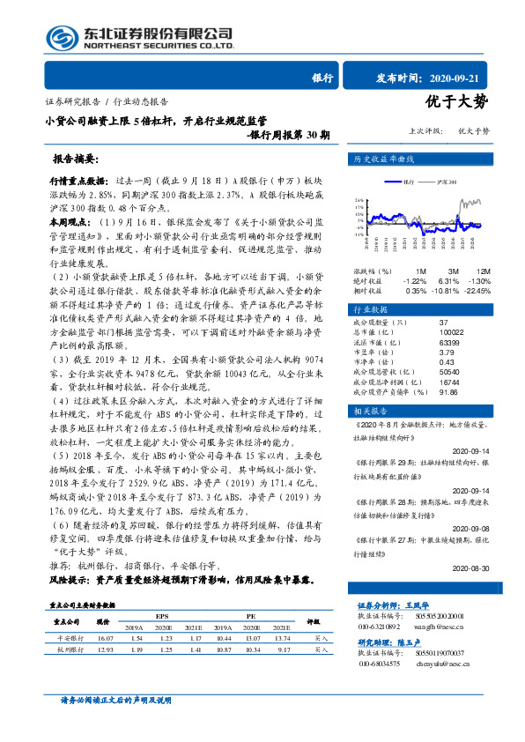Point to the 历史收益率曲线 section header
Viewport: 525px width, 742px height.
pyautogui.click(x=383, y=160)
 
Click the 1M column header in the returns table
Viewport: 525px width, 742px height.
pyautogui.click(x=420, y=270)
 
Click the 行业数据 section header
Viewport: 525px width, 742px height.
pyautogui.click(x=372, y=311)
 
